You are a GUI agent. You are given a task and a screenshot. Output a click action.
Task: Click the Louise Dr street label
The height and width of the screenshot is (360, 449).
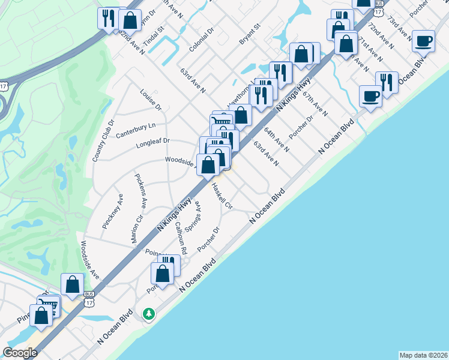point(151,100)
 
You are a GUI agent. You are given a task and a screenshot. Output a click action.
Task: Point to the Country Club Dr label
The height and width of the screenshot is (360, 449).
point(103,140)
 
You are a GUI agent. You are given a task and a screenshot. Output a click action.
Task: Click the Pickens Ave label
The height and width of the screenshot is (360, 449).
point(140,191)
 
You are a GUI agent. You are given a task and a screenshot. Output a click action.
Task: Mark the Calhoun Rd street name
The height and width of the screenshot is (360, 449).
point(182,237)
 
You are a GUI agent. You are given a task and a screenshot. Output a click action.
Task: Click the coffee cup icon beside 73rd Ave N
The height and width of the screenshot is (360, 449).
point(424,41)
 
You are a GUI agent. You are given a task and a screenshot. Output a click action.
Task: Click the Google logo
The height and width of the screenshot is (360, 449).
point(20,353)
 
